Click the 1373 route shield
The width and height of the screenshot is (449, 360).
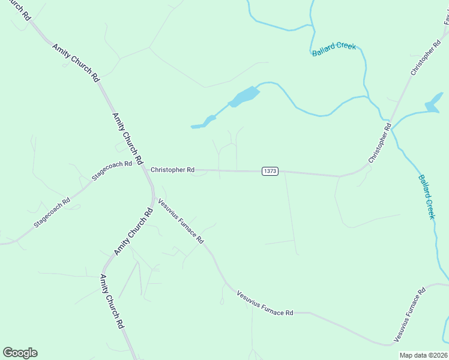tap(270, 171)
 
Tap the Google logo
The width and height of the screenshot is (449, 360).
tap(20, 353)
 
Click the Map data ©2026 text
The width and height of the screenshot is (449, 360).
tap(423, 355)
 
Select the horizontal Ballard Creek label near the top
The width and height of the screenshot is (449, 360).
tap(334, 49)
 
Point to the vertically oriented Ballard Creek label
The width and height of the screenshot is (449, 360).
tap(426, 197)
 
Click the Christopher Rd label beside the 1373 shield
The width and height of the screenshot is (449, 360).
tap(172, 170)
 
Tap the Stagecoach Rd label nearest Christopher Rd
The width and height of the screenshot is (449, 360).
tap(112, 170)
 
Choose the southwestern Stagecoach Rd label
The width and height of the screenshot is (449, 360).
tap(52, 212)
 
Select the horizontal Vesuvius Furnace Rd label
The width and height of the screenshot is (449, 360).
tap(265, 304)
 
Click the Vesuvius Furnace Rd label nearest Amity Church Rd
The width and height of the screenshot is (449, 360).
tap(181, 220)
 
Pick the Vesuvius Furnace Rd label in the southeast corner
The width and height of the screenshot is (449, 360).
tap(409, 316)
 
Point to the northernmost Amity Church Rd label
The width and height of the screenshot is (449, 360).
tap(76, 62)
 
